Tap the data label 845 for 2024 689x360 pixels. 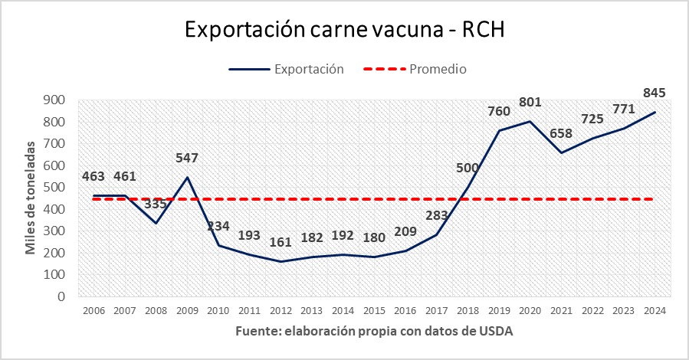coord(654,93)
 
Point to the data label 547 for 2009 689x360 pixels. coord(187,158)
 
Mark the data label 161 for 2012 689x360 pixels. coord(281,243)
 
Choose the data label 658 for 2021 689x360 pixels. coord(560,133)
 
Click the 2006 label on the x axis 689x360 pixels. coord(94,310)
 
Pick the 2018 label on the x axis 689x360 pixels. coord(467,310)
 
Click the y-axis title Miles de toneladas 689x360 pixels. coord(31,198)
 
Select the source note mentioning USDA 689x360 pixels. coord(374,332)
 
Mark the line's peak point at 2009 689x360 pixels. coord(187,177)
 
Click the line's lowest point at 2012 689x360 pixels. coord(281,261)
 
